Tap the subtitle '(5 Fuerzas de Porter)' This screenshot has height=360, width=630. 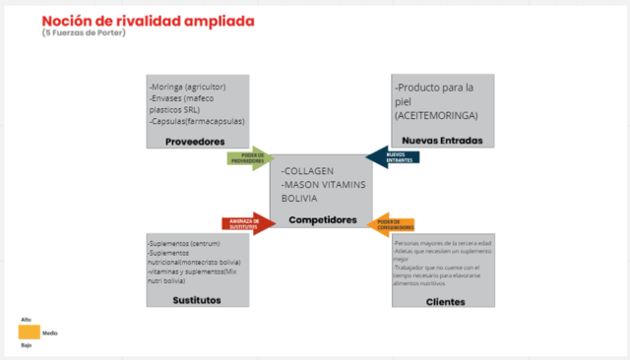coord(84,34)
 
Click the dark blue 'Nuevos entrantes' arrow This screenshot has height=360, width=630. coord(393,155)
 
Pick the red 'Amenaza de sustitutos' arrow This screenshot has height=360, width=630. coord(247,222)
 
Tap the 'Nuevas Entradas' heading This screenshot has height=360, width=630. coord(442,140)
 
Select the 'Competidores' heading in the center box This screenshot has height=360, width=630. coord(322,219)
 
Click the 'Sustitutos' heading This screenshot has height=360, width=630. coord(196,299)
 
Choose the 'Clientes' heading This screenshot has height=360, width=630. coord(445,301)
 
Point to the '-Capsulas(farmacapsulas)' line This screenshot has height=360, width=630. coord(197,122)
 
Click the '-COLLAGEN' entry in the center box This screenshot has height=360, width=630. coord(308,172)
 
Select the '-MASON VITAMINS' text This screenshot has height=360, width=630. coord(322,185)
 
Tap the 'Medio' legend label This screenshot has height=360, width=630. coord(49,333)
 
